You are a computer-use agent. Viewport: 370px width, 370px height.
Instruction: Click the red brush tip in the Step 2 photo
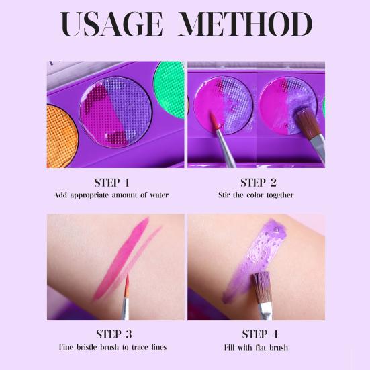pos(214,122)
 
